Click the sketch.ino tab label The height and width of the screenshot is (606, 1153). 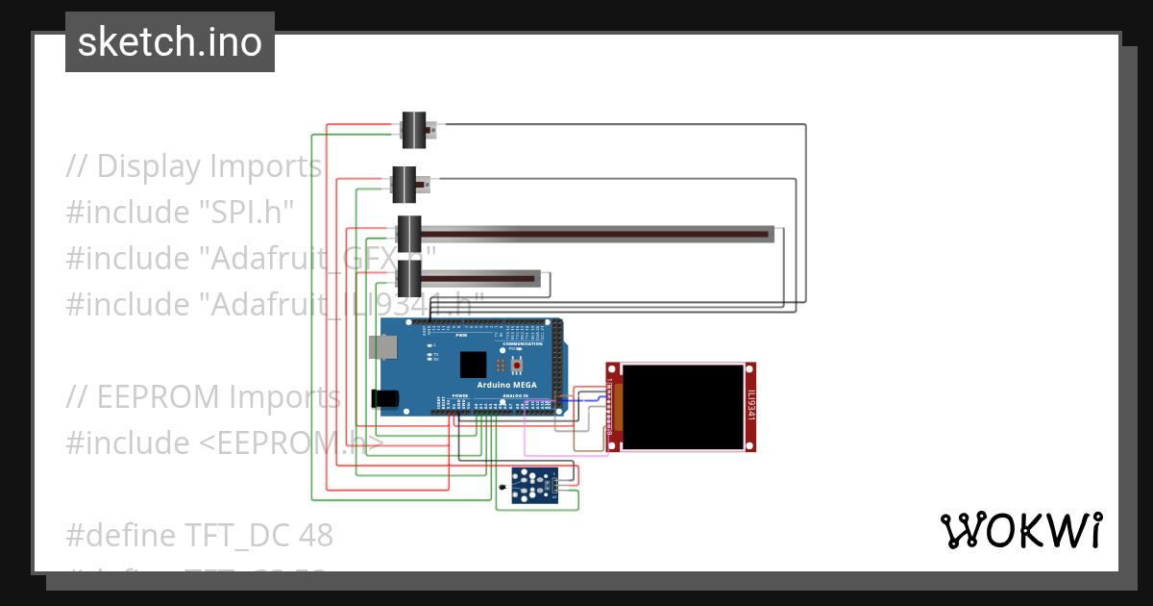[x=169, y=42]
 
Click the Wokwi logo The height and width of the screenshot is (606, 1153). [x=1019, y=530]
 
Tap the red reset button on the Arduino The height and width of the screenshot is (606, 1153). [x=517, y=365]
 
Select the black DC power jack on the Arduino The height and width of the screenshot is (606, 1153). [x=384, y=398]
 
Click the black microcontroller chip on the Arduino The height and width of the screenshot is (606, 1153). [x=473, y=365]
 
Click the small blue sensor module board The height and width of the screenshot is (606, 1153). [x=535, y=484]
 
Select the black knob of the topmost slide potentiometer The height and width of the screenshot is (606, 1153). [x=413, y=130]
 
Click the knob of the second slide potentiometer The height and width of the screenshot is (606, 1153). [x=404, y=185]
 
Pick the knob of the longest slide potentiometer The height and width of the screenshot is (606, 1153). [x=409, y=234]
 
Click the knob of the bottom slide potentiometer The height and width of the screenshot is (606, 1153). [x=409, y=279]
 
